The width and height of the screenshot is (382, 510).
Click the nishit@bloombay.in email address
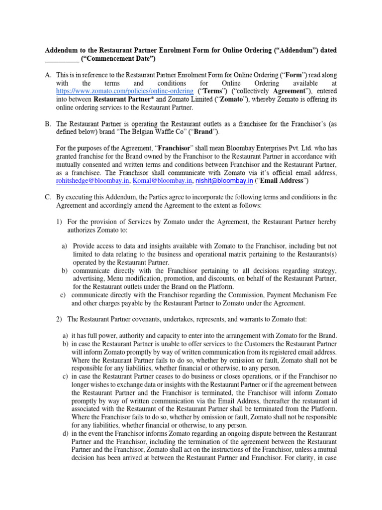click(225, 180)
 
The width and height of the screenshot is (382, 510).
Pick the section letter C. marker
click(48, 197)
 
